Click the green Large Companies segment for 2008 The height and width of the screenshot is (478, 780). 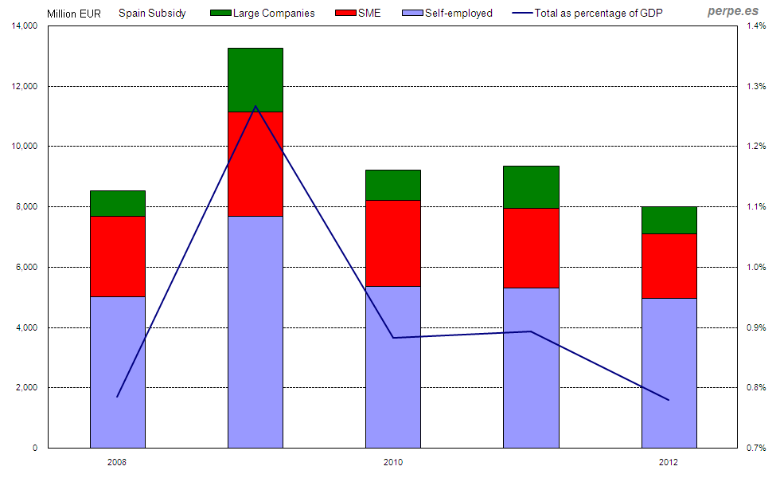click(117, 203)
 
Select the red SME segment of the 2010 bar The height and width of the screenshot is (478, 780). click(393, 243)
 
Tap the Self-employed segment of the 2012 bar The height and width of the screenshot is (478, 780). click(669, 373)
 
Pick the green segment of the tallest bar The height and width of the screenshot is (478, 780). click(255, 80)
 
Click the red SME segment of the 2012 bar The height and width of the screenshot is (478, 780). click(669, 265)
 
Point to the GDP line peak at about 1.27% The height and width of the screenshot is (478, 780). click(255, 106)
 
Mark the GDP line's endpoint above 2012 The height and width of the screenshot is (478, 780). click(669, 400)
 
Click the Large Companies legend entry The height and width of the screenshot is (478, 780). click(262, 13)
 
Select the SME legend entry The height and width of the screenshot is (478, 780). click(359, 13)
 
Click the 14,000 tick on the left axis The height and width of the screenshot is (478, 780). click(25, 26)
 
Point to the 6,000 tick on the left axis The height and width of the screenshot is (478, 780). click(27, 268)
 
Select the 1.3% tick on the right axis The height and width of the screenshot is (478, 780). click(756, 87)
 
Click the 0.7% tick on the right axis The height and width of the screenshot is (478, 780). click(756, 449)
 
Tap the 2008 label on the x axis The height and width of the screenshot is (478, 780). click(117, 462)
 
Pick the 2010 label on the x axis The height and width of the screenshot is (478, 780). click(393, 462)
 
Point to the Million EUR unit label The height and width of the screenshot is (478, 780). click(74, 14)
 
